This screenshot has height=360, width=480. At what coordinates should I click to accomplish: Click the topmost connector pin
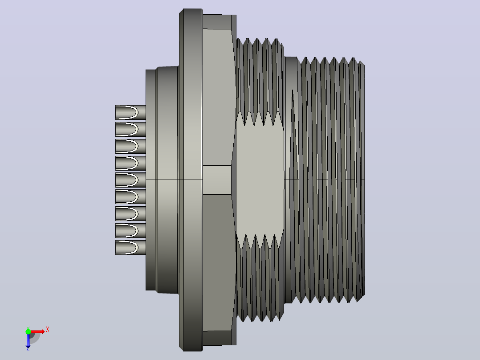point(130,112)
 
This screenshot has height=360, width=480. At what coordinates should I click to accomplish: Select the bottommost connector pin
point(130,247)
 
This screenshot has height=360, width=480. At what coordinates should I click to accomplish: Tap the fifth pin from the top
point(130,180)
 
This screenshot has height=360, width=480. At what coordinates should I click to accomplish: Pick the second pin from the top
point(130,129)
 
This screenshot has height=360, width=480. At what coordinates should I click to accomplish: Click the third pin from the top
point(130,146)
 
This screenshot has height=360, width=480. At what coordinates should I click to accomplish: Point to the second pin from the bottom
point(130,230)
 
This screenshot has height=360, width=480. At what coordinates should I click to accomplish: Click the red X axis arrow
point(37,331)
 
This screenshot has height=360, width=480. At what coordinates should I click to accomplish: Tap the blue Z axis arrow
point(28,340)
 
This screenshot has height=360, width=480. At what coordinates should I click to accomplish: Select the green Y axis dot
point(28,331)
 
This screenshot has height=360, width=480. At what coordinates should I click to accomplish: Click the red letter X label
point(48,330)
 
